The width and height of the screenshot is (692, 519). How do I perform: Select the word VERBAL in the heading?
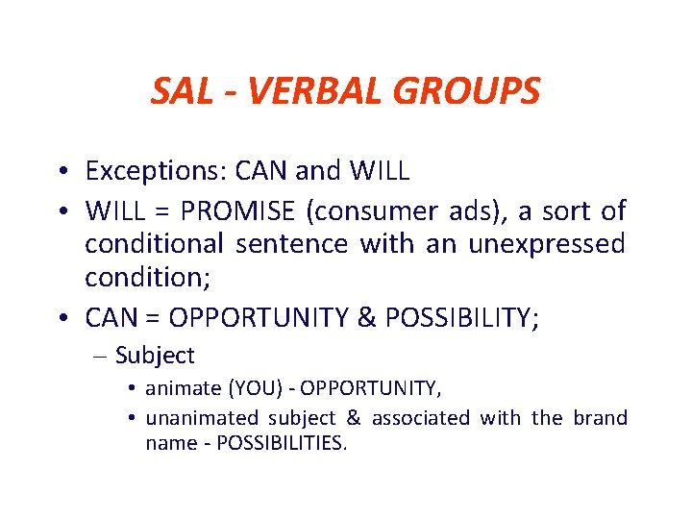[309, 91]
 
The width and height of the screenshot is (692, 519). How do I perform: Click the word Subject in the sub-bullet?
[155, 356]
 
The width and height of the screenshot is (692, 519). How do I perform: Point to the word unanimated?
[202, 418]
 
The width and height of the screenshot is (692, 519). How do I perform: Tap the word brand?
[600, 418]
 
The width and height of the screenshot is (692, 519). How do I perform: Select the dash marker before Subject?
[102, 357]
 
